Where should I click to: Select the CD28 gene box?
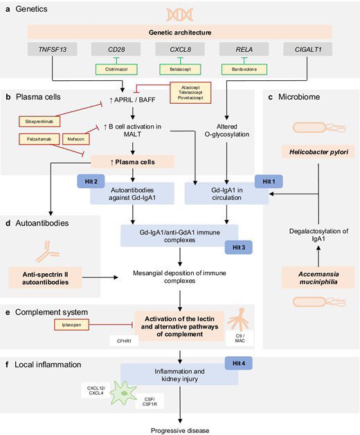pyautogui.click(x=115, y=48)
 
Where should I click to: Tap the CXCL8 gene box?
pyautogui.click(x=180, y=48)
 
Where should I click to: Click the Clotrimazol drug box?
pyautogui.click(x=115, y=69)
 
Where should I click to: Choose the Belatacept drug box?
pyautogui.click(x=180, y=69)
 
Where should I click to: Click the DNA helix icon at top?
pyautogui.click(x=181, y=15)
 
